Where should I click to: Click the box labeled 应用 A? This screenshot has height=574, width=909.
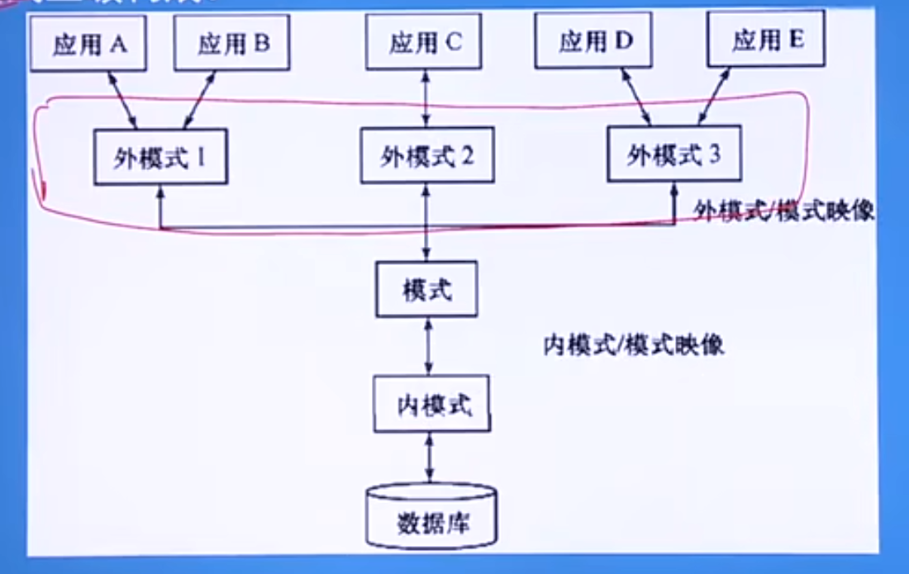coord(88,45)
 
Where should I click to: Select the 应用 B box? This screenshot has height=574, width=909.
coord(232,45)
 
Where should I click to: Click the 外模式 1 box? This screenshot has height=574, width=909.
coord(159,157)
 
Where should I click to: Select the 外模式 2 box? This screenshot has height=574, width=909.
coord(427,155)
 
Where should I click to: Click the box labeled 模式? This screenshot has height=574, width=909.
coord(427,289)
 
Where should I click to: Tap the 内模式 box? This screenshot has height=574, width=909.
coord(431,404)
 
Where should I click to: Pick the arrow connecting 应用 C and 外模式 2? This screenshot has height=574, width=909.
coord(426,97)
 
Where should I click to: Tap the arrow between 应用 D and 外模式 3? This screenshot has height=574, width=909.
coord(635,97)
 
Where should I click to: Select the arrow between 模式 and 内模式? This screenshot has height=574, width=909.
coord(428,346)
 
